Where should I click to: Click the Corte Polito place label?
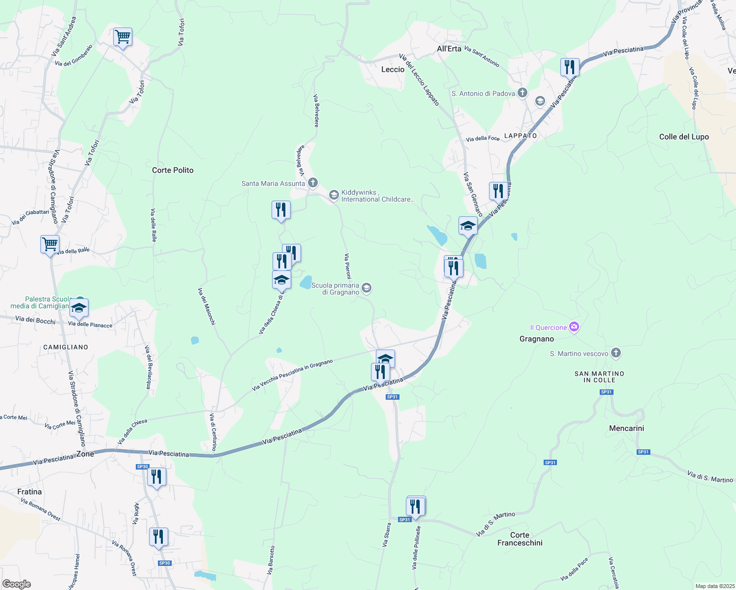click(x=173, y=170)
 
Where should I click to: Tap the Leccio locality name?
click(x=393, y=69)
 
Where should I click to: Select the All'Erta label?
click(x=449, y=49)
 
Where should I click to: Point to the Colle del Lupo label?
click(x=684, y=137)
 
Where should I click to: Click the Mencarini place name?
click(x=626, y=428)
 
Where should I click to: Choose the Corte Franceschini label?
click(x=520, y=539)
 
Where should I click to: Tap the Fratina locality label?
click(x=30, y=492)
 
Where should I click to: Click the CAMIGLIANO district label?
click(x=65, y=347)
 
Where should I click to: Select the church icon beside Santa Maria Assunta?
click(x=313, y=183)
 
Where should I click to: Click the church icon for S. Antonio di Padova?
click(x=522, y=93)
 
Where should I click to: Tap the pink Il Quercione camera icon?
click(x=574, y=327)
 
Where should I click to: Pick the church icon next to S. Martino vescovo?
click(x=616, y=353)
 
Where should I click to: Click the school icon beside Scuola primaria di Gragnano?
click(x=367, y=288)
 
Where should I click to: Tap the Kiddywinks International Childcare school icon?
click(x=334, y=195)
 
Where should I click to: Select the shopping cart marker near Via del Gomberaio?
click(x=123, y=37)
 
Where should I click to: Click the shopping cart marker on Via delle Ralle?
click(x=50, y=244)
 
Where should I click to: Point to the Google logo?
click(x=16, y=584)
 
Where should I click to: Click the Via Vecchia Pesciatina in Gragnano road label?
click(x=292, y=375)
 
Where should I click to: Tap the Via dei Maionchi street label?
click(x=207, y=306)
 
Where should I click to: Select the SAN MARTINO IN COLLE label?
click(x=599, y=377)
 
